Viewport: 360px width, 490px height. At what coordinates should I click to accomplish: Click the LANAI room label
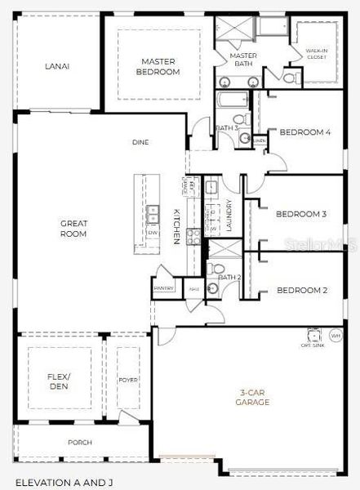[x=56, y=66]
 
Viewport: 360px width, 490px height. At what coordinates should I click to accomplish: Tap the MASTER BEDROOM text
[x=160, y=66]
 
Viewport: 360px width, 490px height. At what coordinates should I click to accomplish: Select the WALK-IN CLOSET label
[x=317, y=55]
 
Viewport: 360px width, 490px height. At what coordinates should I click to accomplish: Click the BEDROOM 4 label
[x=305, y=132]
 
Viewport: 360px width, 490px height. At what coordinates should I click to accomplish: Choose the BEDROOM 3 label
[x=301, y=214]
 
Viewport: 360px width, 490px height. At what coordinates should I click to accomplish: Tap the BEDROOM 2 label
[x=301, y=290]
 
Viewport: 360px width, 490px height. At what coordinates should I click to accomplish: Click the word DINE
[x=140, y=142]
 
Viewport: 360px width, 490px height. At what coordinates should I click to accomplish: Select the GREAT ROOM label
[x=73, y=228]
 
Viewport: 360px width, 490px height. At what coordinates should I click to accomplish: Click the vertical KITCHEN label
[x=176, y=226]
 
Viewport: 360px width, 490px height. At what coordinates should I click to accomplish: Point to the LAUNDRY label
[x=229, y=216]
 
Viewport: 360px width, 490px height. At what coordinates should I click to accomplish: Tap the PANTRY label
[x=164, y=287]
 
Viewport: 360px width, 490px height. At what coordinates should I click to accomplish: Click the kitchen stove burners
[x=194, y=237]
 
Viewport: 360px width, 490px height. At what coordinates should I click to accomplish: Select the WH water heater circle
[x=336, y=336]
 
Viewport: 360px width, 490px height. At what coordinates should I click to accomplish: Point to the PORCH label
[x=80, y=442]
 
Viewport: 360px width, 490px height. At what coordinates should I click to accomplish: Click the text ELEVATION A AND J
[x=64, y=483]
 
